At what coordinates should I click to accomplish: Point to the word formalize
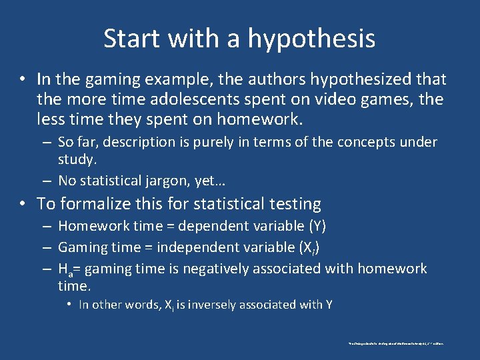click(x=94, y=203)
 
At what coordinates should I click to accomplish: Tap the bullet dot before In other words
click(x=69, y=305)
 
